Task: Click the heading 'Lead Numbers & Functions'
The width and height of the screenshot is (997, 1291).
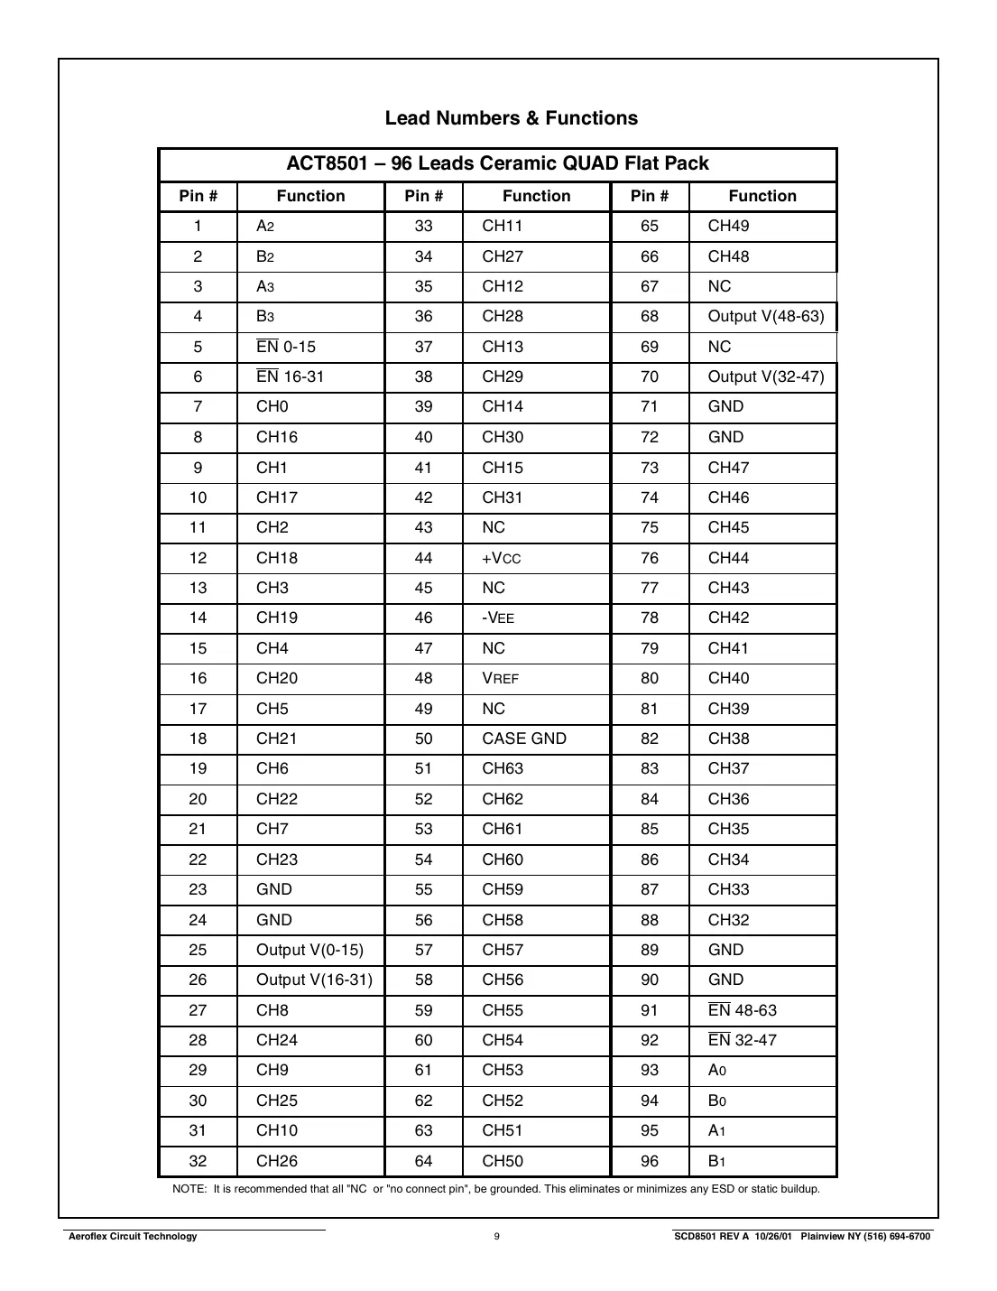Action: [511, 118]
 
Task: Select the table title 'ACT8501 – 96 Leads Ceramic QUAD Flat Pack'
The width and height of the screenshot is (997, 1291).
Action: [497, 163]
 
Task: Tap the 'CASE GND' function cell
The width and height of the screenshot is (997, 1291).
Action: [524, 738]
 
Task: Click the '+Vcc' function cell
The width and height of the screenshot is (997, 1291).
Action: [502, 558]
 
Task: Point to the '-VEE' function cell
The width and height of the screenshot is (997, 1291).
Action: [498, 618]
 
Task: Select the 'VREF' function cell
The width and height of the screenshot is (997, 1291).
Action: [501, 679]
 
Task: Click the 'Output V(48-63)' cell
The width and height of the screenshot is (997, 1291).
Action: [765, 317]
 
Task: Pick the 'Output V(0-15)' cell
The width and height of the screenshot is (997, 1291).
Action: [309, 950]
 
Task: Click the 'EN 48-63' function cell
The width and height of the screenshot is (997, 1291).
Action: [742, 1010]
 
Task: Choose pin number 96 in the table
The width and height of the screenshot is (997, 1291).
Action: [650, 1161]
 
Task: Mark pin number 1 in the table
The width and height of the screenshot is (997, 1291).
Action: [198, 227]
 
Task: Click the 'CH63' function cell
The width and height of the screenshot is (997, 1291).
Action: [503, 769]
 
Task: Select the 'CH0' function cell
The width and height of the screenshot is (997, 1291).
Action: [272, 407]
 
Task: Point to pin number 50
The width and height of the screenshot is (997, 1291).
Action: [423, 738]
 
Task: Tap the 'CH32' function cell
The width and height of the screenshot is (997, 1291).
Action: [728, 920]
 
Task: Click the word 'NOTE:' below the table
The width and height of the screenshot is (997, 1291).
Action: [189, 1189]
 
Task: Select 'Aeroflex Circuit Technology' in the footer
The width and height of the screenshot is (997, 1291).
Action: [133, 1237]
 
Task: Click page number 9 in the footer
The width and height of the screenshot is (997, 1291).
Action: [497, 1237]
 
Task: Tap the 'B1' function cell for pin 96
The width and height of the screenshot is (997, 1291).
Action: [717, 1161]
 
